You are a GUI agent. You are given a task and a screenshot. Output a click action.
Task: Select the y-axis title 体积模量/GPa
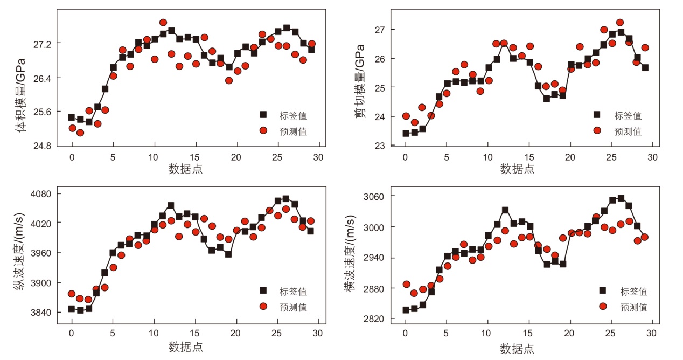(21, 88)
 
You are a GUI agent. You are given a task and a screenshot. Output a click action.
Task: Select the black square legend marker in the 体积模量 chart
(263, 115)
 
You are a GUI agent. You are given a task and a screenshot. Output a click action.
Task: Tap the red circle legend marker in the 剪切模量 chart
(597, 130)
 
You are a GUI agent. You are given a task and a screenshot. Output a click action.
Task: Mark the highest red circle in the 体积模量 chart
(163, 23)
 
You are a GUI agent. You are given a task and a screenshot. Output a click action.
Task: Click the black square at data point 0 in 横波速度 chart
(406, 310)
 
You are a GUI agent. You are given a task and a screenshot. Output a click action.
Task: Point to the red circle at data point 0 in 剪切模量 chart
(406, 116)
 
